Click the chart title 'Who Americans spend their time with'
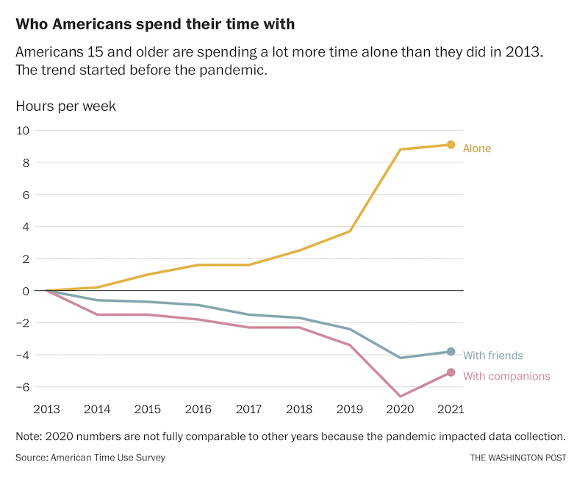[155, 24]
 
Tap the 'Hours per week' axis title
[65, 106]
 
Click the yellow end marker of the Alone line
[451, 145]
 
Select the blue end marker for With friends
[451, 352]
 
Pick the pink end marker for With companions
[451, 372]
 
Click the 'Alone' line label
[477, 148]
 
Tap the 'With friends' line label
[493, 355]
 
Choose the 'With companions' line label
[506, 376]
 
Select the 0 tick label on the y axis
[25, 291]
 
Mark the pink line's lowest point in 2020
[400, 396]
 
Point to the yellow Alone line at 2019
[350, 231]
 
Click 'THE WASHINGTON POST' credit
[518, 458]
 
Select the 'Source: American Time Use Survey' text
[90, 458]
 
